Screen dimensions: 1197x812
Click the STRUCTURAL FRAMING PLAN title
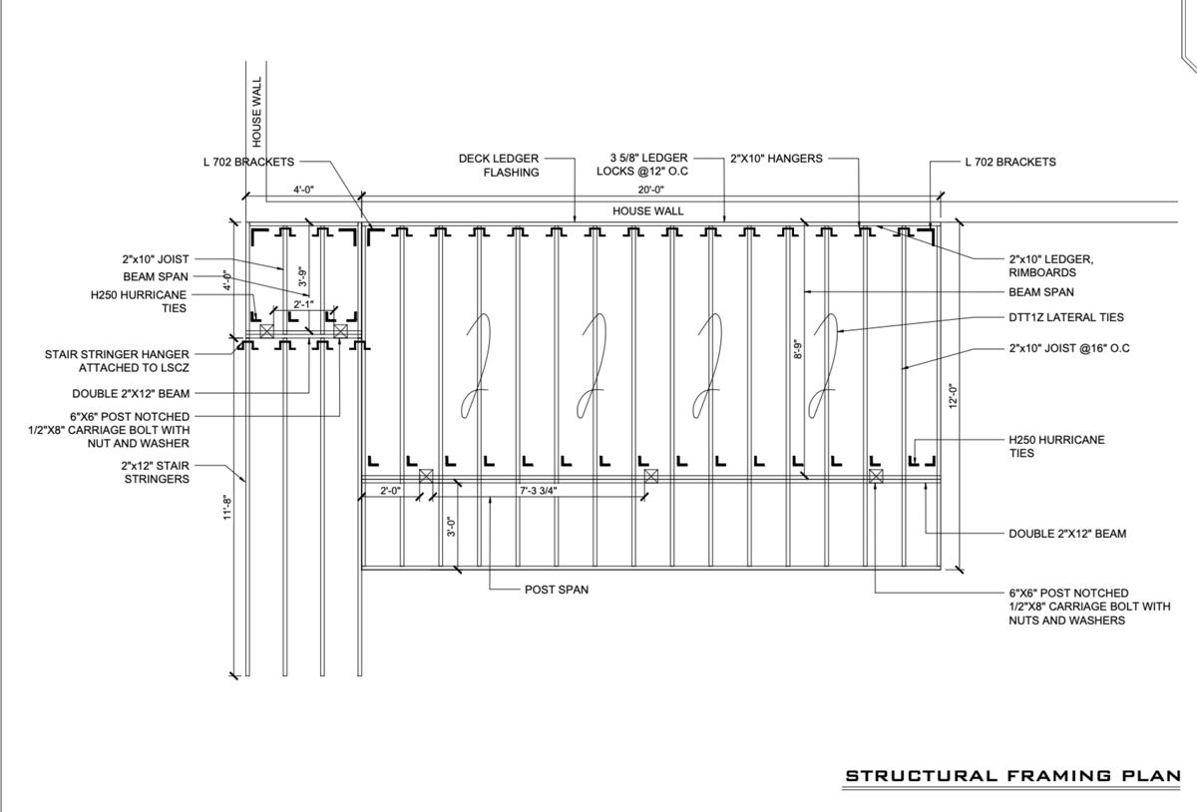click(1012, 776)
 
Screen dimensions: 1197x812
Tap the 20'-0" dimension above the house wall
click(650, 190)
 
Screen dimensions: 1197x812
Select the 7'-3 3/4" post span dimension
click(538, 491)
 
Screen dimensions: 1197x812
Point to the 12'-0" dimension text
click(954, 396)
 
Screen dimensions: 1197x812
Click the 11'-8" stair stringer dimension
click(227, 508)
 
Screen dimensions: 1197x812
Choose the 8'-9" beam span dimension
click(798, 349)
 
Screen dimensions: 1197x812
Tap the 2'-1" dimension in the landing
click(303, 304)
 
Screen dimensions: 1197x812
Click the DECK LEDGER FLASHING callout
click(499, 166)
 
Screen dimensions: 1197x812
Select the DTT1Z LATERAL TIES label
click(1066, 317)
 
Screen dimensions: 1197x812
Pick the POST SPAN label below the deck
click(557, 590)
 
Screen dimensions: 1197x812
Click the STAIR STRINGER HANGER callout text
click(117, 361)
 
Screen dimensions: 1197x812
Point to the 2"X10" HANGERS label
click(776, 159)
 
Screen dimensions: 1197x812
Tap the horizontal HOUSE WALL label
click(647, 211)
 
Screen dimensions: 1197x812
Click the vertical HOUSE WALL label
click(257, 112)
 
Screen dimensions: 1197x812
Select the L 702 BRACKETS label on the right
click(1009, 162)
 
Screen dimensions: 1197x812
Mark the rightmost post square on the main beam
click(876, 476)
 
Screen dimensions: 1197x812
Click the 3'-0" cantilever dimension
click(451, 527)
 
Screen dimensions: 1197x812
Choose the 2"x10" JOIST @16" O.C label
click(1068, 348)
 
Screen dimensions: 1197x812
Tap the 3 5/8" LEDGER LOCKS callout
click(642, 165)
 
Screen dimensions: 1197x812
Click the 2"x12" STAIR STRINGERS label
click(155, 472)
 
